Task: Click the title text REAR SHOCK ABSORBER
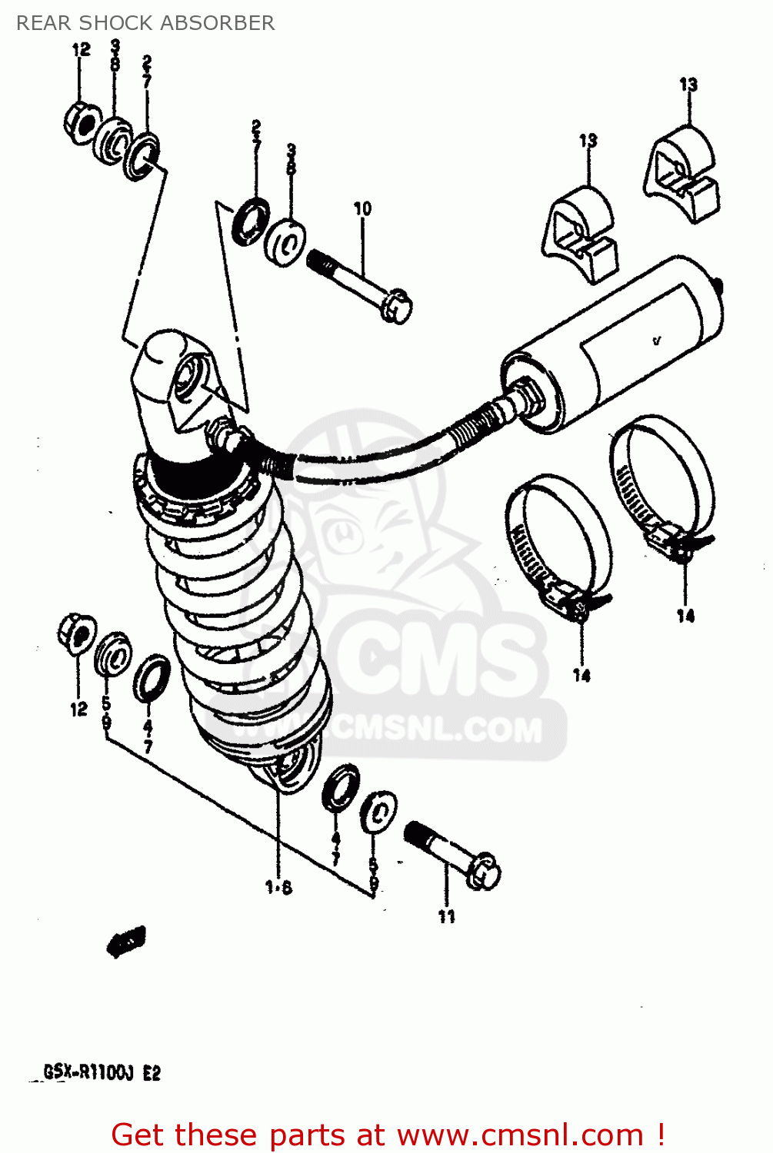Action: point(145,23)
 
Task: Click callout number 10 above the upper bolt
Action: point(362,208)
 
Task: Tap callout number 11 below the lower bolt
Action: point(447,916)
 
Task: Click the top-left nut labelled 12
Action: point(81,121)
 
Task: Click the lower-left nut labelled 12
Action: point(77,633)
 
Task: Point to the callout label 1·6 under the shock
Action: point(278,887)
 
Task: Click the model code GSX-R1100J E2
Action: point(102,1072)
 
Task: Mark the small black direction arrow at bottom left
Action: point(126,941)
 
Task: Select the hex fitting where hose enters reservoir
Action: point(528,394)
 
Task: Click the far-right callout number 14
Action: point(685,615)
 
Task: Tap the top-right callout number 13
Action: point(688,84)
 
